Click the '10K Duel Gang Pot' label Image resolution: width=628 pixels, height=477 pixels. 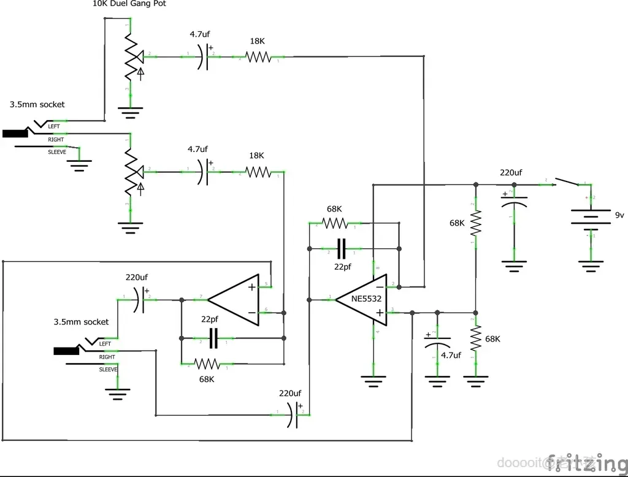(129, 4)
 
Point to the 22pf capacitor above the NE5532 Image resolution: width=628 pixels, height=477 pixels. (342, 248)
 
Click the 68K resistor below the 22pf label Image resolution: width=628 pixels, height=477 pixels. (207, 364)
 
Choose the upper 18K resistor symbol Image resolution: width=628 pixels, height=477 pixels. (258, 57)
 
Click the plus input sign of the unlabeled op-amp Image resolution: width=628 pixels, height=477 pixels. (252, 286)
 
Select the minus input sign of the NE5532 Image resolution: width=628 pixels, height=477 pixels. (380, 287)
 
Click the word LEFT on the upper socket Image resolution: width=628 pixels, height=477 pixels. (54, 126)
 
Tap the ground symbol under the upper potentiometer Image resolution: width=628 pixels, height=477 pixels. (130, 112)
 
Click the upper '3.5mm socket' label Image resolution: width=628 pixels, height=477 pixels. (37, 105)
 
